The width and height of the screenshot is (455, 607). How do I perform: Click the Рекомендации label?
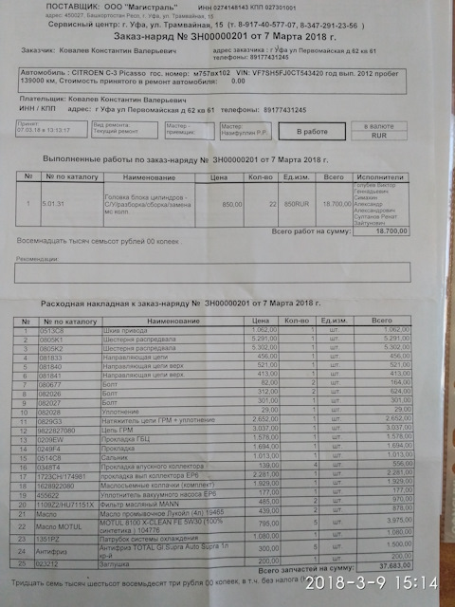[x=44, y=259]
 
